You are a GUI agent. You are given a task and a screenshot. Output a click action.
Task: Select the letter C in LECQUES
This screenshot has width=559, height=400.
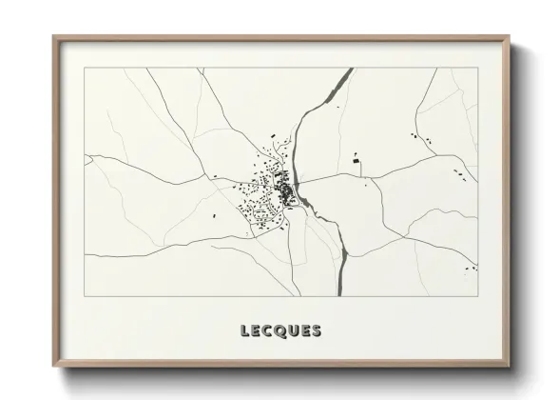266,331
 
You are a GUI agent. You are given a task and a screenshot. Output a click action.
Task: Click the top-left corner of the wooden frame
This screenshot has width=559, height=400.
53,37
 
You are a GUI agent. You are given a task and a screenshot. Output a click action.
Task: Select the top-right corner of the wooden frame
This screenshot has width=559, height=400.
507,37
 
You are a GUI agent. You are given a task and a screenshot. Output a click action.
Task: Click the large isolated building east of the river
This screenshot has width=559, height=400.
359,165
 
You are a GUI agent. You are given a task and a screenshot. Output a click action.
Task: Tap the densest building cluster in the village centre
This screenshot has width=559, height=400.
284,194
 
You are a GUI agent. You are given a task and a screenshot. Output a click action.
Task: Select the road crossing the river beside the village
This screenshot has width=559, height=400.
298,183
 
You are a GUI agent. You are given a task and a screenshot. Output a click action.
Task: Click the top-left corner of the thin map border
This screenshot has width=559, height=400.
84,69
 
